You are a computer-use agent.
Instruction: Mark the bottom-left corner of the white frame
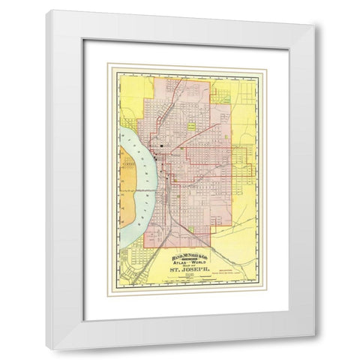[47, 348]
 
